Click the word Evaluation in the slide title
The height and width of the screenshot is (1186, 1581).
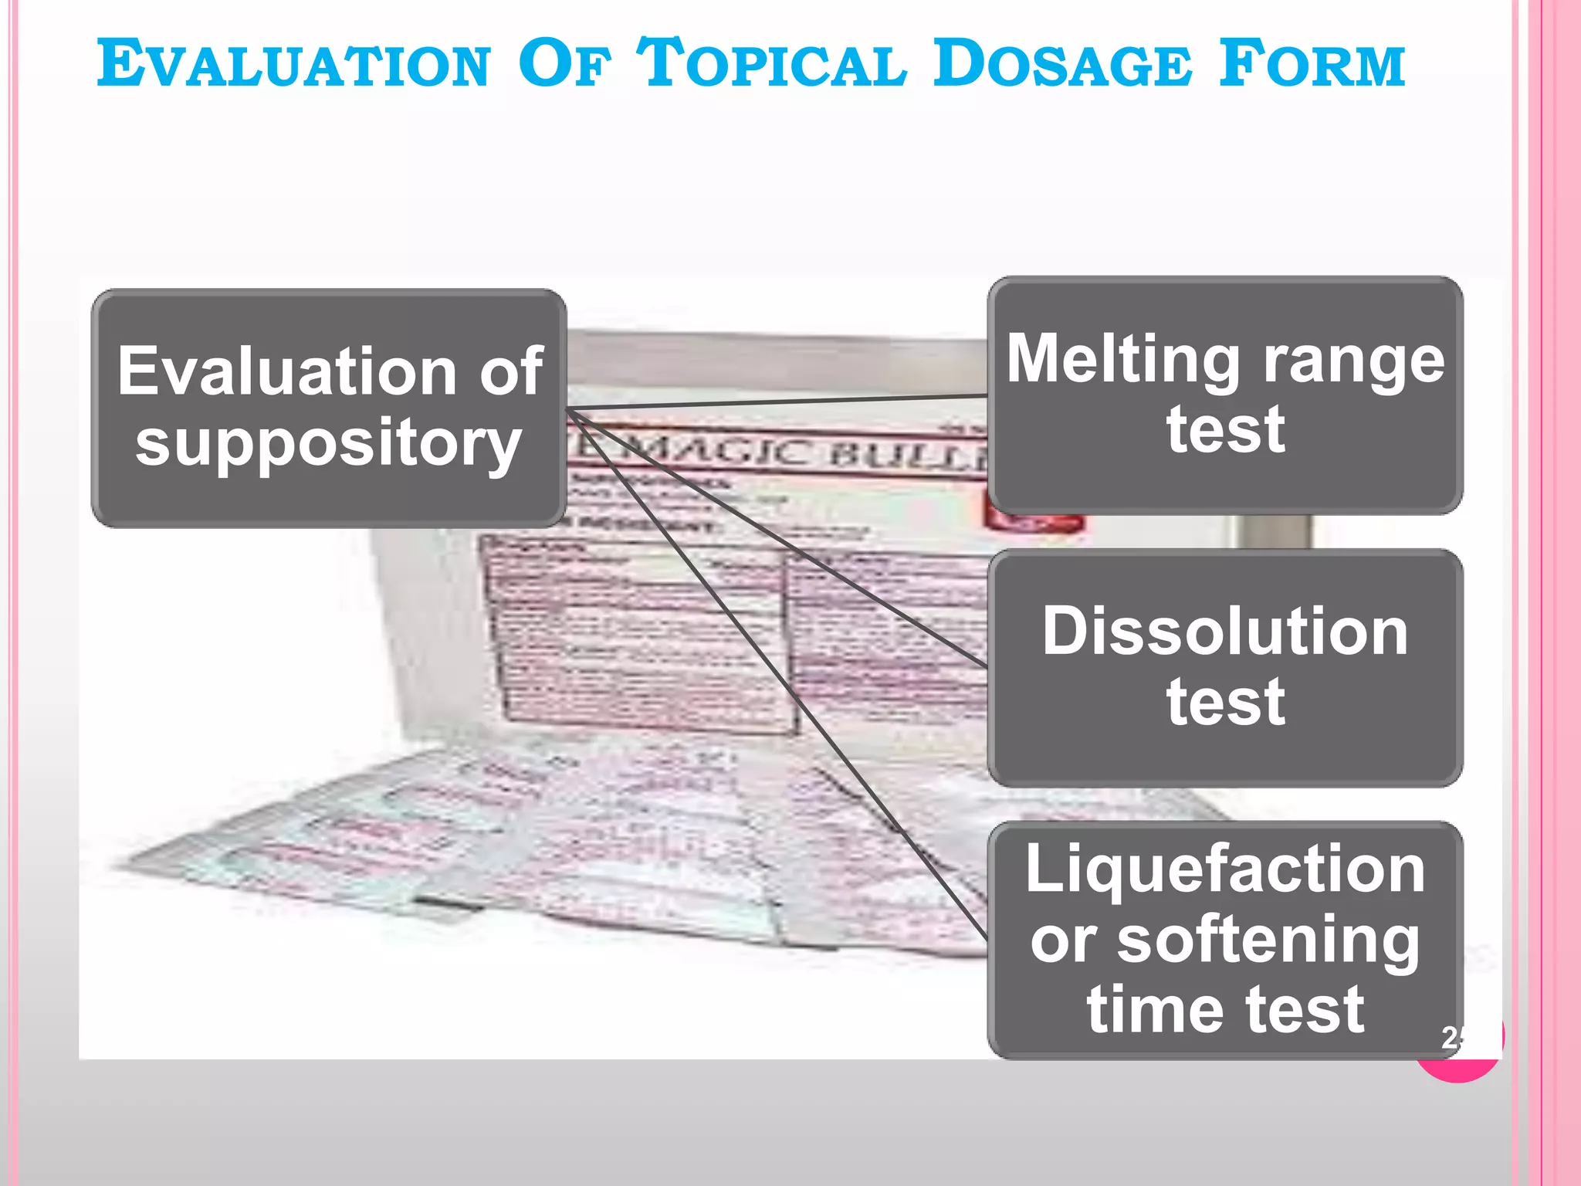(x=294, y=63)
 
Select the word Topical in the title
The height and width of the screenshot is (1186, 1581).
(x=772, y=63)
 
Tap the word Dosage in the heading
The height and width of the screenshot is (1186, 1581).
(x=1062, y=63)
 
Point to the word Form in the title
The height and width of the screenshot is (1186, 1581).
(x=1312, y=63)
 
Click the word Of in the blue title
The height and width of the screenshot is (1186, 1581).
(x=564, y=63)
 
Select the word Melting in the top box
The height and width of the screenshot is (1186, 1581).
(x=1123, y=359)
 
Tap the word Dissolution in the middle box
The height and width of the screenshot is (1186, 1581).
(x=1225, y=632)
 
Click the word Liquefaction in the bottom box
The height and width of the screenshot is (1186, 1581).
(x=1225, y=869)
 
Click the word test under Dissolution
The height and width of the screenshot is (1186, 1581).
(x=1225, y=702)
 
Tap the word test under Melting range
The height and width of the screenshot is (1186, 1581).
(x=1225, y=429)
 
